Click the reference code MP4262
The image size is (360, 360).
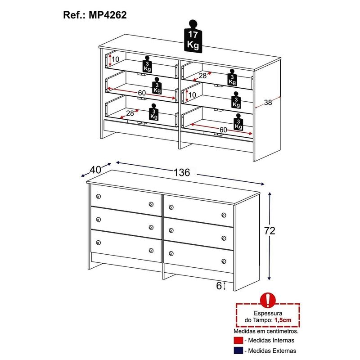point(108,15)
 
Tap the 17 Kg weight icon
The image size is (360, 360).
point(193,36)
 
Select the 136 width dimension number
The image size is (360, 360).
point(182,172)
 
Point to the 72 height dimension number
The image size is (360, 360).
point(270,230)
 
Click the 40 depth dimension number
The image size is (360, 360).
point(95,170)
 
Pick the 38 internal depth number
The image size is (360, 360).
point(268,103)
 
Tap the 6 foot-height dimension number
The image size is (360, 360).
point(219,286)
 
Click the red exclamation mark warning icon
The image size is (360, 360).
point(268,300)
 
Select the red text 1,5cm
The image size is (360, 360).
point(283,320)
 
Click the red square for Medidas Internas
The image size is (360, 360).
point(238,341)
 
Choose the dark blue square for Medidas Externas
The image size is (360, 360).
point(238,351)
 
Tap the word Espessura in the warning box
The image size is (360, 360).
point(268,313)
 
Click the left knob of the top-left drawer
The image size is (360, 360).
point(99,196)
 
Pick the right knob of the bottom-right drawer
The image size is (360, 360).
point(224,261)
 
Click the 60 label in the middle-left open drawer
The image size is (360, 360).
point(142,93)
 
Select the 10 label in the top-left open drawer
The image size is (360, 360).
point(115,59)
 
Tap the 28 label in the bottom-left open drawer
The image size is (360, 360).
point(130,113)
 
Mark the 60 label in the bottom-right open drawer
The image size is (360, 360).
point(223,130)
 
